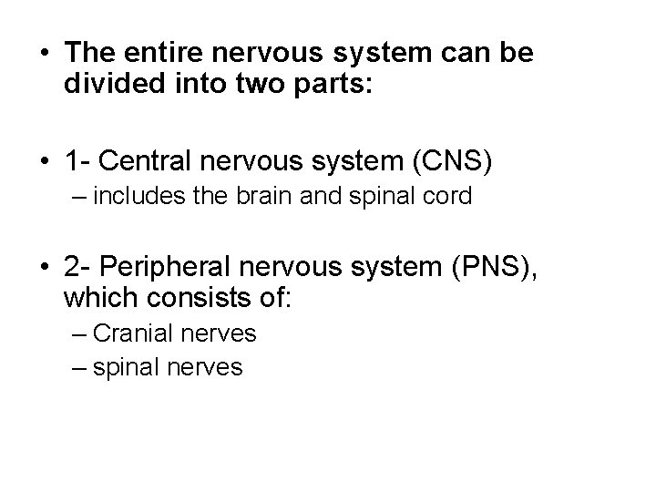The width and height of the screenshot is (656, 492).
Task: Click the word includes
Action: coord(136,196)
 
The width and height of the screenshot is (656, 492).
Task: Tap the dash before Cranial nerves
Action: coord(77,333)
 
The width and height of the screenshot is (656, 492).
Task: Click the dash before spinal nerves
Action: coord(77,367)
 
